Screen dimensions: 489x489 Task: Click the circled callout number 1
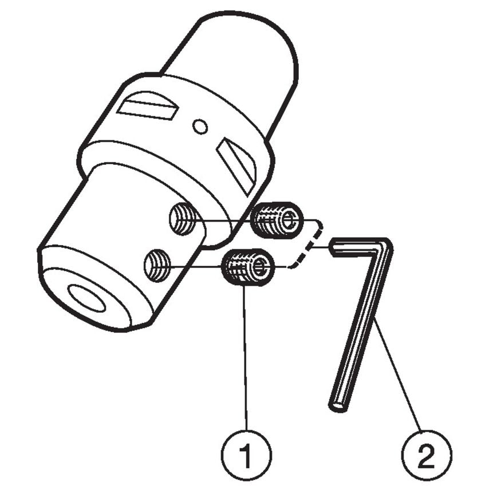click(247, 456)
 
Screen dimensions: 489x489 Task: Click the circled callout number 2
click(426, 456)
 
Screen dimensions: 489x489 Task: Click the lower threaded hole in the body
click(157, 264)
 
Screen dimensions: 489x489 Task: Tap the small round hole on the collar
click(199, 126)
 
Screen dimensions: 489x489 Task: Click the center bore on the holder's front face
click(86, 298)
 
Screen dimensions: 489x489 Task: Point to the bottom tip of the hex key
click(337, 405)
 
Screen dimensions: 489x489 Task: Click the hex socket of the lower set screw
click(260, 267)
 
